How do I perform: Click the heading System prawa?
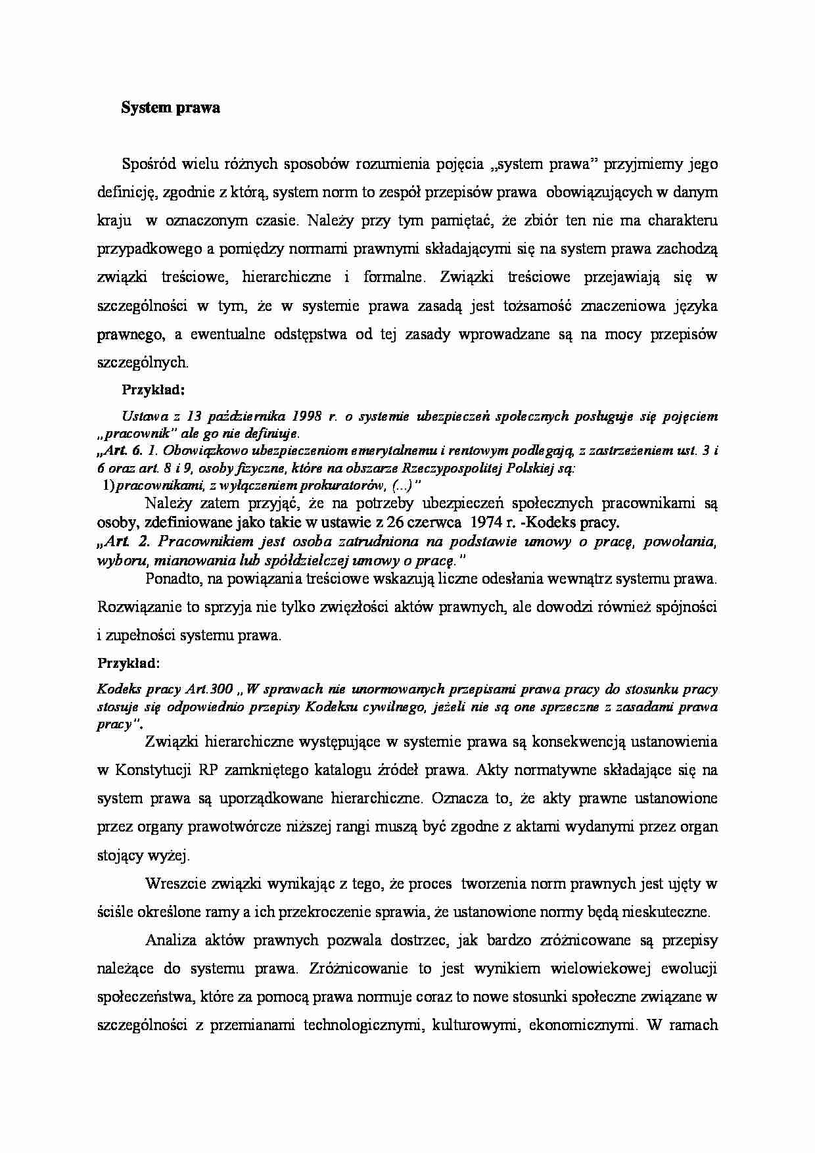pyautogui.click(x=170, y=108)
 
